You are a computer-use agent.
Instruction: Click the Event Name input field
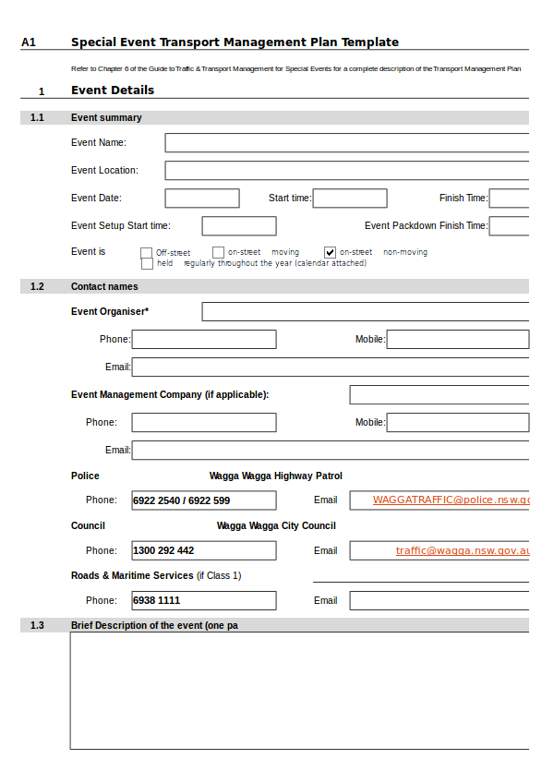(346, 143)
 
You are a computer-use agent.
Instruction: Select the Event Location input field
(346, 171)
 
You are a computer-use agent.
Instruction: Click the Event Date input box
(202, 199)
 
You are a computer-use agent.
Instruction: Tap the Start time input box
(350, 199)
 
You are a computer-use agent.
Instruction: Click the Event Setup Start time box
(239, 226)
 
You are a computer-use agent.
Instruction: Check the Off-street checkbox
(146, 252)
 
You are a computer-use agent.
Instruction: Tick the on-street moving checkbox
(218, 252)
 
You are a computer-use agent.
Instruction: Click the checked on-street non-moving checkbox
(330, 252)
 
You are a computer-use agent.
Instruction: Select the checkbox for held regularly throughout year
(146, 263)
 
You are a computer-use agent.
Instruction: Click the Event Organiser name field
(365, 312)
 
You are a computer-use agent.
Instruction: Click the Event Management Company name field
(439, 395)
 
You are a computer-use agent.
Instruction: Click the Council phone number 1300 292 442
(164, 550)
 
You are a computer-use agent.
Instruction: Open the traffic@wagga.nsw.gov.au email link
(462, 550)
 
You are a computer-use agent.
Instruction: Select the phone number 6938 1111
(157, 600)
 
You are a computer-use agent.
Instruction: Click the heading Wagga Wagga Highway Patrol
(276, 476)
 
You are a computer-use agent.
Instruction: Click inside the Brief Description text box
(299, 690)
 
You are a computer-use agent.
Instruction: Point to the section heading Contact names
(104, 286)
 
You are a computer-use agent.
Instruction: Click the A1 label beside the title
(29, 42)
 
